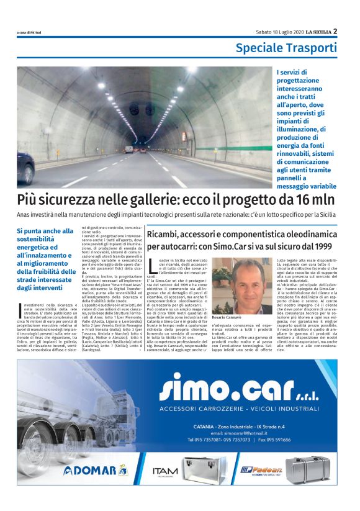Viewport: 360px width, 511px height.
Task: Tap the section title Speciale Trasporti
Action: tap(286, 48)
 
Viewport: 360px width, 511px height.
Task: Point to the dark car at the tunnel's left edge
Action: tap(25, 166)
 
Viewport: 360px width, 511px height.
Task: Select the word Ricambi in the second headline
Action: tap(165, 235)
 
